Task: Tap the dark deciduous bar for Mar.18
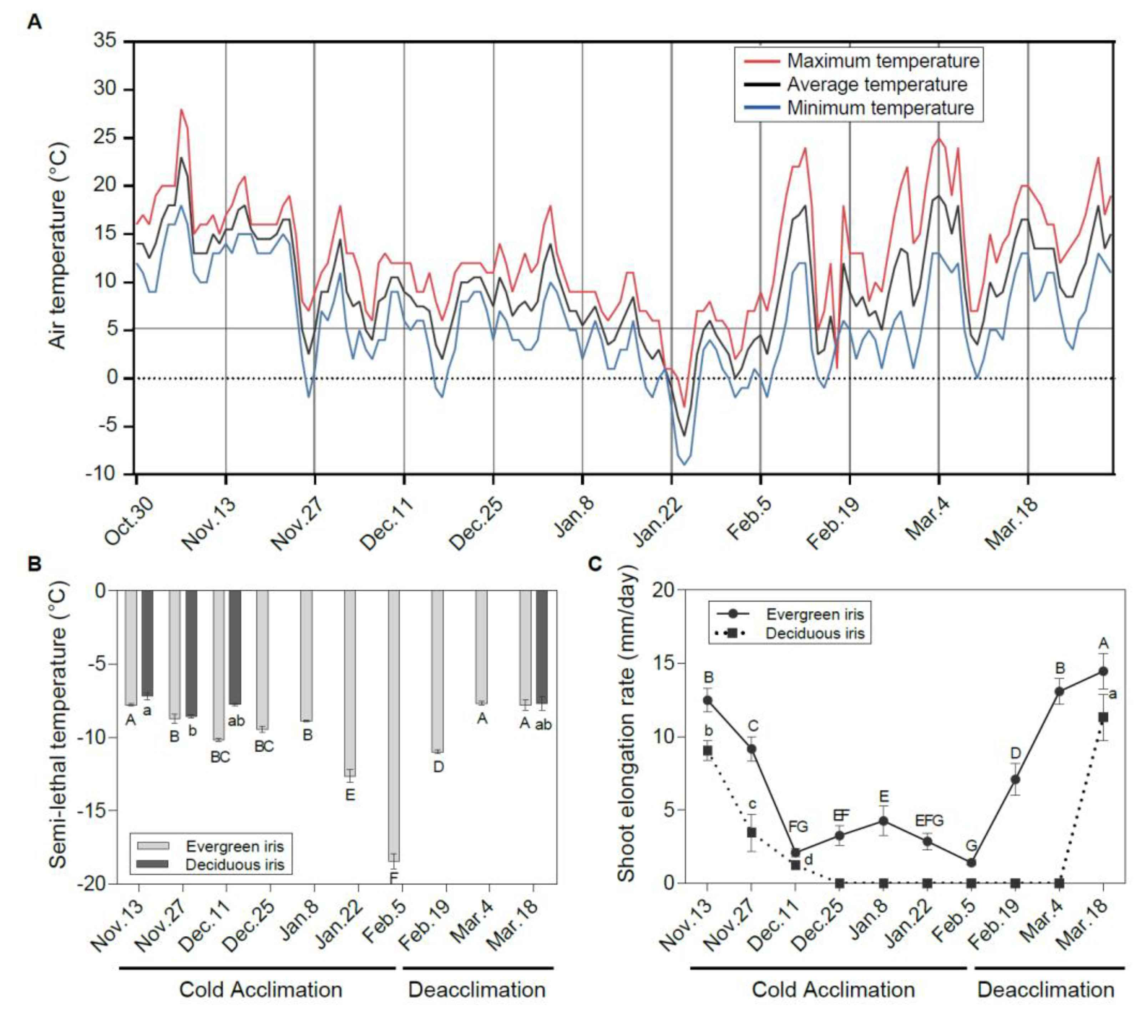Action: tap(542, 647)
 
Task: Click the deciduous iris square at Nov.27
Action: tap(751, 833)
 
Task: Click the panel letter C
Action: tap(594, 564)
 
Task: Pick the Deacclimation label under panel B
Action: tap(477, 990)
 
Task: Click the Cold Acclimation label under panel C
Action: tap(833, 990)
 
